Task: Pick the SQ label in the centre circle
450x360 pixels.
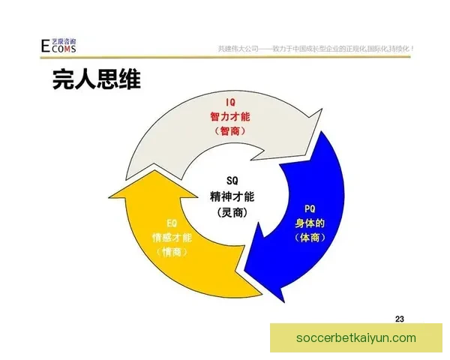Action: tap(231, 180)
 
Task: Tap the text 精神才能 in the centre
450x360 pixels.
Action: tap(231, 196)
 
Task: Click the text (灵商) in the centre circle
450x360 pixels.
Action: tap(231, 212)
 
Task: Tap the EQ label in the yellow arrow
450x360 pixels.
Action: tap(172, 223)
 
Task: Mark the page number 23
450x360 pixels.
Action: tap(399, 319)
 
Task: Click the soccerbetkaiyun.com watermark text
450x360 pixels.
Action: tap(356, 338)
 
